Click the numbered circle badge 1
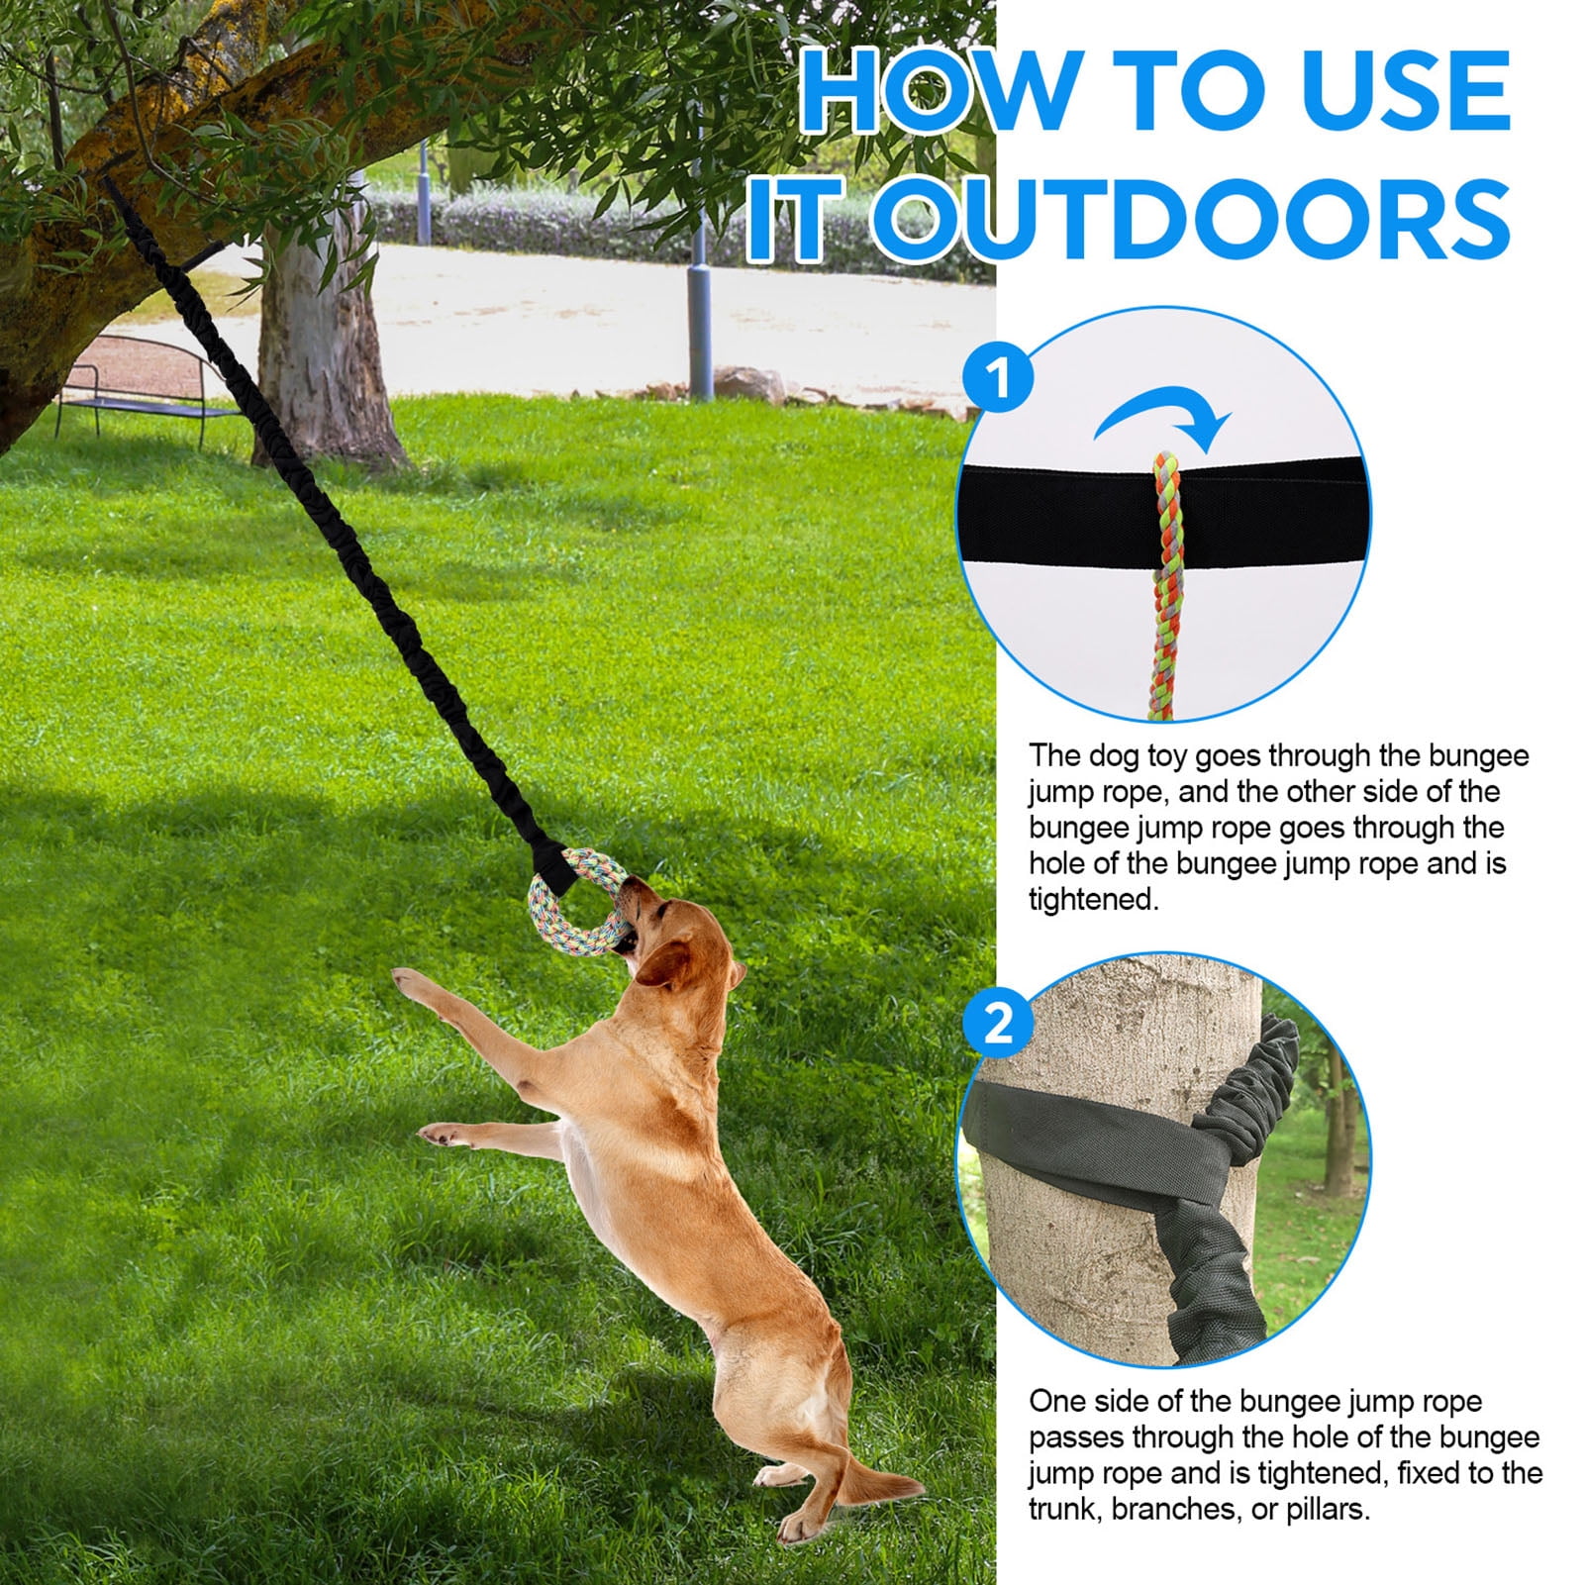point(999,378)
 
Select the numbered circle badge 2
point(999,1023)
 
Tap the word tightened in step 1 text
point(1093,900)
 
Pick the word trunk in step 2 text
point(1065,1510)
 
